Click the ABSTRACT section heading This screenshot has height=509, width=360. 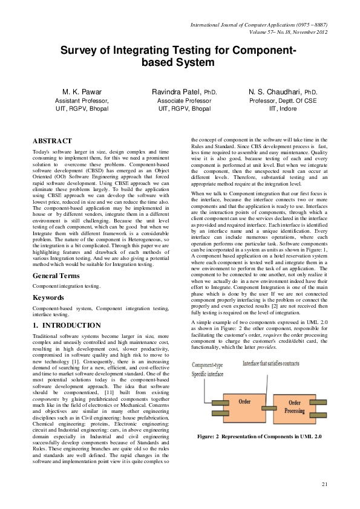[x=52, y=140]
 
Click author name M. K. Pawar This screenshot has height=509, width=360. [x=82, y=91]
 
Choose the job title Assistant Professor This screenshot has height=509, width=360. [x=82, y=100]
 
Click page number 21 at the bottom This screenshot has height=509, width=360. [x=324, y=484]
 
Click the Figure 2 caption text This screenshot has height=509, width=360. [x=259, y=436]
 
